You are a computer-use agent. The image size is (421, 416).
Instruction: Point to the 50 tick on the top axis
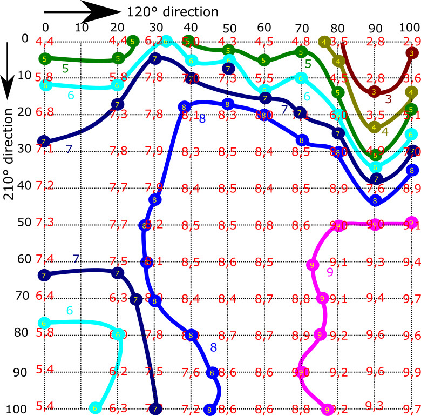tap(229, 28)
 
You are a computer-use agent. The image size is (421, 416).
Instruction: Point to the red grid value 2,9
tap(411, 41)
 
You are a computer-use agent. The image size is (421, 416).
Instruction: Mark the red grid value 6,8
tap(44, 112)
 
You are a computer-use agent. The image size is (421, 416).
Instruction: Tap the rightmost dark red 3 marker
tap(412, 52)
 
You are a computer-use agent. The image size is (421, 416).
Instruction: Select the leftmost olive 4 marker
tap(324, 42)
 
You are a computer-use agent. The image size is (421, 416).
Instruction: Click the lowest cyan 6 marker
tap(95, 407)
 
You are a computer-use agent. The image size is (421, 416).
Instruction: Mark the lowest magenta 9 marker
tap(327, 410)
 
